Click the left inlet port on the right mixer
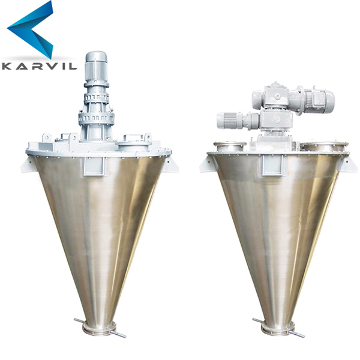click(228, 146)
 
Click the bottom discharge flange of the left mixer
click(98, 328)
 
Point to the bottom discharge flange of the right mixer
click(277, 328)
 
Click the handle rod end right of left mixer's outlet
click(122, 335)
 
